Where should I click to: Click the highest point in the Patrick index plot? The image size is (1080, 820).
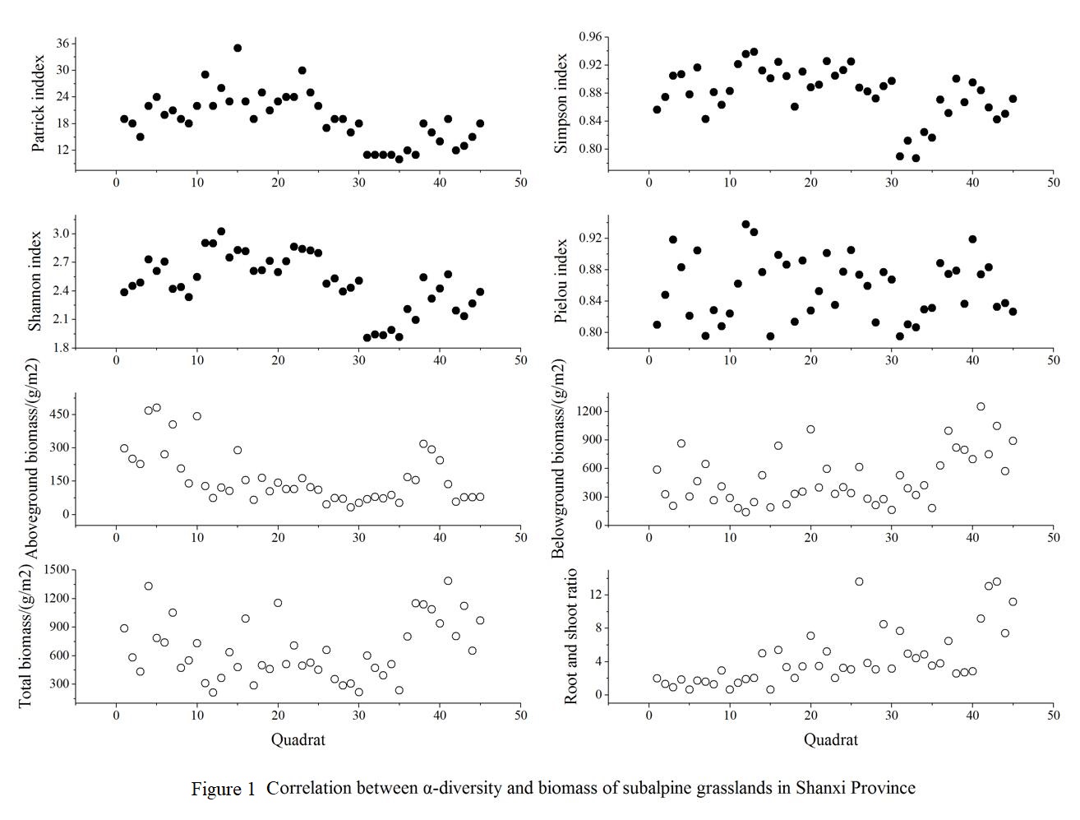point(238,48)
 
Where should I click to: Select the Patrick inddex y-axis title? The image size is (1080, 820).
point(38,104)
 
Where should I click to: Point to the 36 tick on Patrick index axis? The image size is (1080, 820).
point(61,44)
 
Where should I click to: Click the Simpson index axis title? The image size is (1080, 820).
point(561,104)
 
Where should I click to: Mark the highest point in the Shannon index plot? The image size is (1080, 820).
point(221,232)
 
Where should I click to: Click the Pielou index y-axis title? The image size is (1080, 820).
point(561,280)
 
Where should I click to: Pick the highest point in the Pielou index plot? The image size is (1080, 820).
point(745,224)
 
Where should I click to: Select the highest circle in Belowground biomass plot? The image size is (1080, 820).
point(981,406)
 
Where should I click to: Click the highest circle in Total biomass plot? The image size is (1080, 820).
point(448,581)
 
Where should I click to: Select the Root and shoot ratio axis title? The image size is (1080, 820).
point(571,636)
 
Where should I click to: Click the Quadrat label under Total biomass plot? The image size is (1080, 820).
point(298,739)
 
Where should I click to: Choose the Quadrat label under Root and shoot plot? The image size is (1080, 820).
point(830,739)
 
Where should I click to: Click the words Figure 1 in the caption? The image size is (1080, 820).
point(223,789)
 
